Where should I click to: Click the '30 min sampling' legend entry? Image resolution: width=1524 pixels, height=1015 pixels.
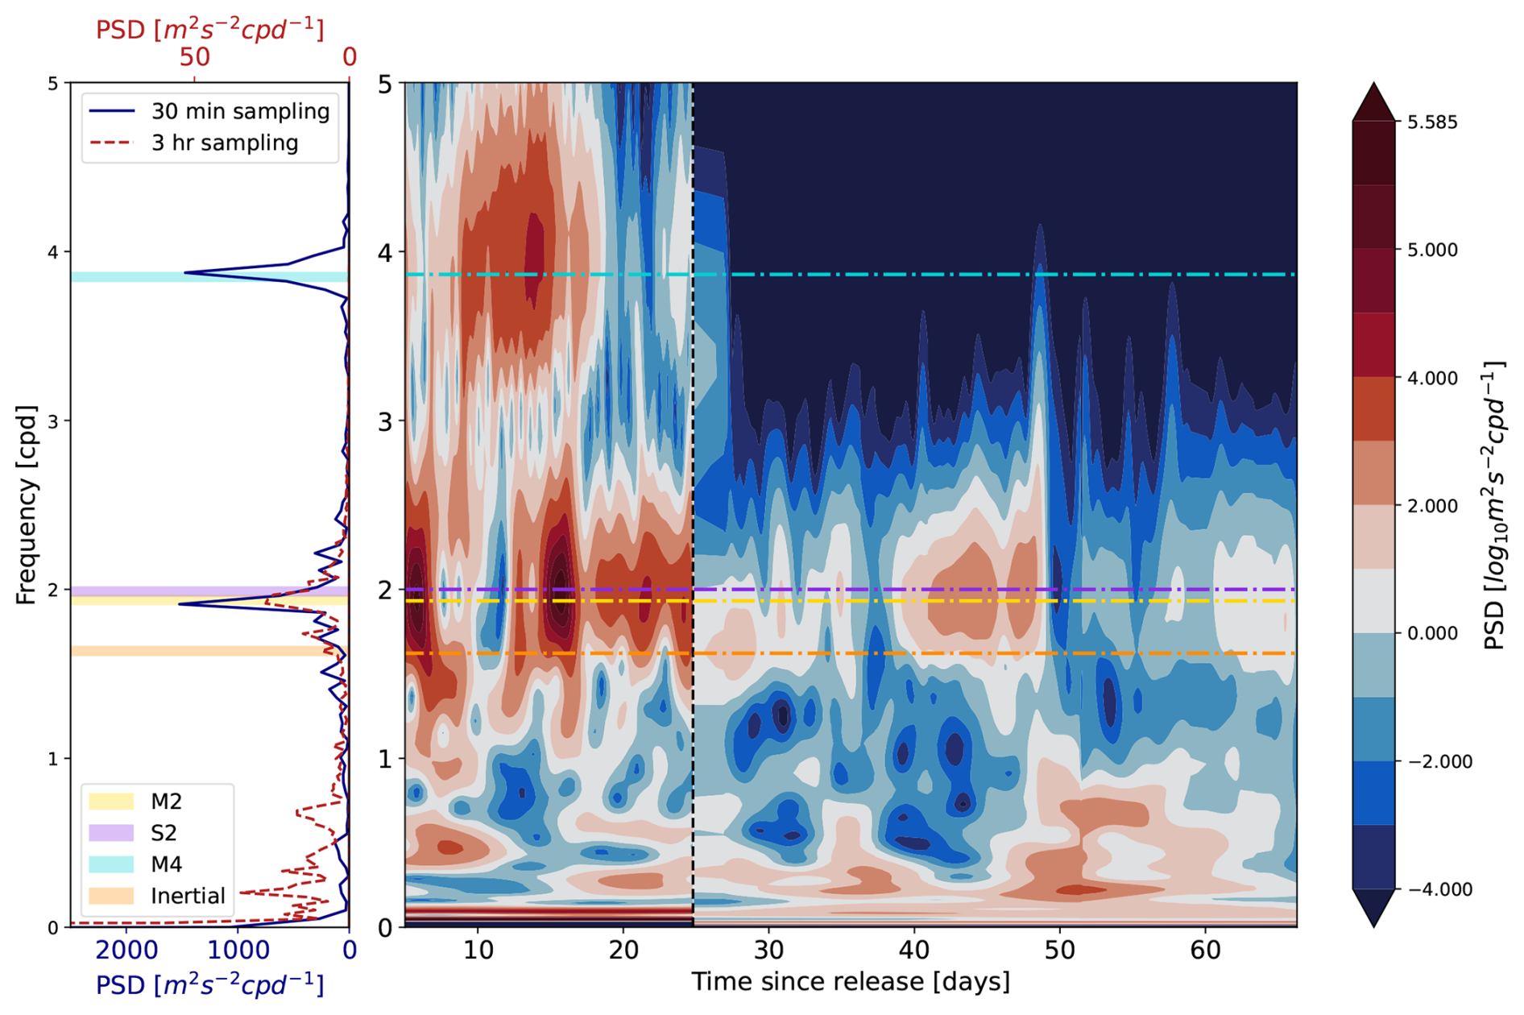tap(240, 111)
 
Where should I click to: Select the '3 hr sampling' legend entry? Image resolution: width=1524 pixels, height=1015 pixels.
tap(225, 143)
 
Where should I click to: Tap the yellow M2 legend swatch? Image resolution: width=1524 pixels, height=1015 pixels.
tap(111, 802)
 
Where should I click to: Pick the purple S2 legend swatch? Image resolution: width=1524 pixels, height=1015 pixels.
tap(111, 833)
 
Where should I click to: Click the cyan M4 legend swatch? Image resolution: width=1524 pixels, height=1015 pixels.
tap(111, 864)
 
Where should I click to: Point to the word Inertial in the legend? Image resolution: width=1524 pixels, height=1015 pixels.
tap(188, 896)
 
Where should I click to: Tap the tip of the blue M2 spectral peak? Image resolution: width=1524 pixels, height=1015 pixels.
tap(180, 604)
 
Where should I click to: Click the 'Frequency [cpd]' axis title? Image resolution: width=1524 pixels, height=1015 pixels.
tap(26, 505)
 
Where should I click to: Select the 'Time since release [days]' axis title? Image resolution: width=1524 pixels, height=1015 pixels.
tap(850, 982)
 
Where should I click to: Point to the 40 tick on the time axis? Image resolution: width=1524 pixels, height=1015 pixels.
tap(914, 951)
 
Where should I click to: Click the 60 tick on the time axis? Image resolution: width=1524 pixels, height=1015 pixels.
tap(1205, 951)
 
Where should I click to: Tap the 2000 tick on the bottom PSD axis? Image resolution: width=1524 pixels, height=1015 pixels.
tap(126, 951)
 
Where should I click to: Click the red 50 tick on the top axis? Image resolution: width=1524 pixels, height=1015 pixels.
tap(194, 57)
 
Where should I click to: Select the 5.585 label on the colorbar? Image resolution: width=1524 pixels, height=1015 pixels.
tap(1432, 122)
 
